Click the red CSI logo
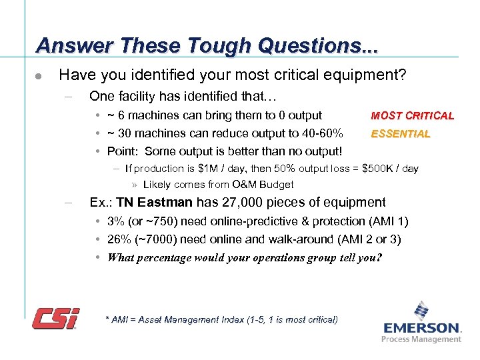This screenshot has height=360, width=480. pyautogui.click(x=56, y=318)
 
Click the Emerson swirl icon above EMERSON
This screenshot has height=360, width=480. pyautogui.click(x=421, y=311)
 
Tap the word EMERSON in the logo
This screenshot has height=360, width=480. pyautogui.click(x=422, y=328)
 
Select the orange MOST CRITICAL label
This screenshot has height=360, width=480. pyautogui.click(x=412, y=115)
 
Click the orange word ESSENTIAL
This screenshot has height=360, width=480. pyautogui.click(x=400, y=133)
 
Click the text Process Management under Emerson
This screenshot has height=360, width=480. pyautogui.click(x=421, y=339)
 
